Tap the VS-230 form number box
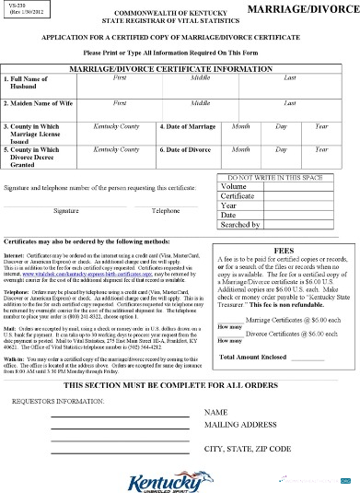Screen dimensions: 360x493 click(x=25, y=10)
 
